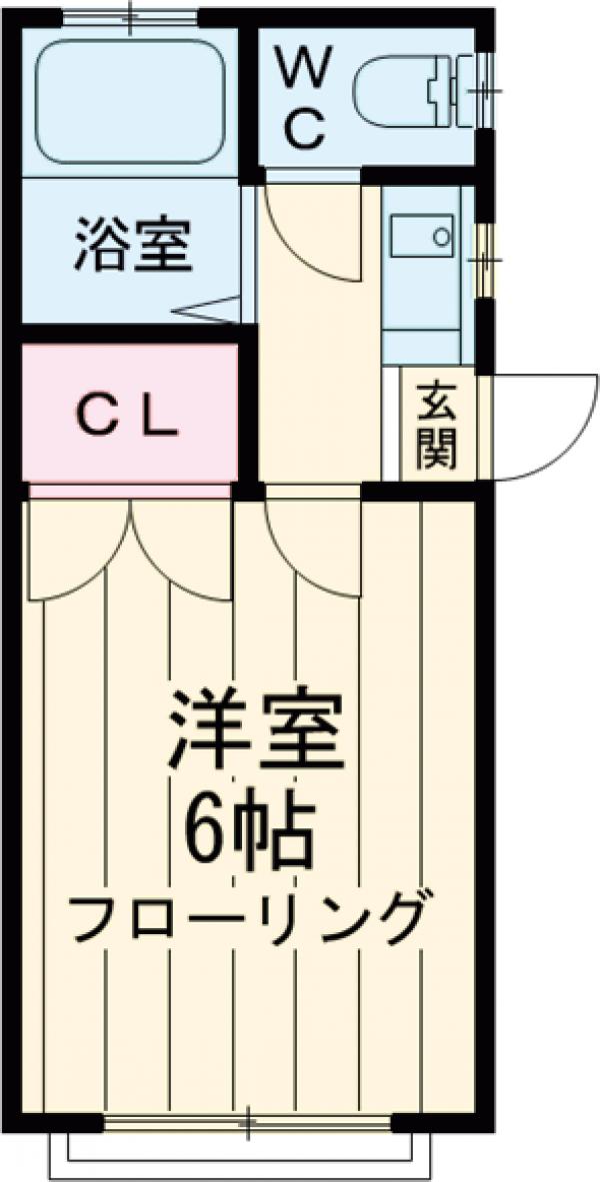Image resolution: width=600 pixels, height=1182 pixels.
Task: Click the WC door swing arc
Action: [315, 235]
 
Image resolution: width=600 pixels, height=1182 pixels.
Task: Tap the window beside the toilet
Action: [485, 90]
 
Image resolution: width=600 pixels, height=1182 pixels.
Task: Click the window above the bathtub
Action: [130, 14]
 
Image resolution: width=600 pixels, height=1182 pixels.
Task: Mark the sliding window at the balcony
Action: [250, 1124]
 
